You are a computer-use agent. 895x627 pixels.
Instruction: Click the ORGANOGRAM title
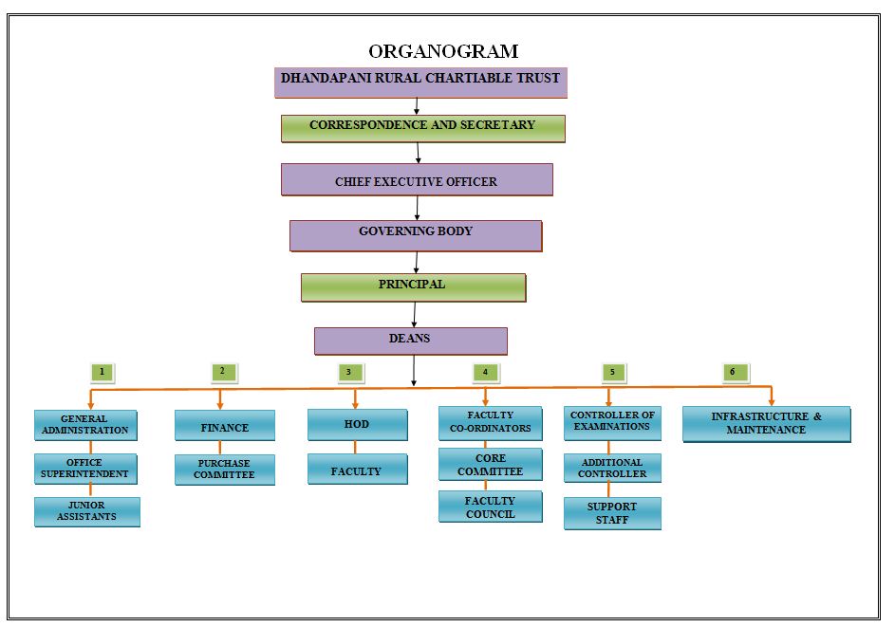coord(443,51)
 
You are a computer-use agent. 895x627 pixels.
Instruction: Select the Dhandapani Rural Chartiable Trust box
coord(420,83)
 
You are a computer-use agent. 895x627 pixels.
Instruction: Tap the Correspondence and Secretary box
coord(423,128)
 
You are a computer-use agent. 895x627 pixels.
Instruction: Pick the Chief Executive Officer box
coord(417,179)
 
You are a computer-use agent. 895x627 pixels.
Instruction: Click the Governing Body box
coord(416,235)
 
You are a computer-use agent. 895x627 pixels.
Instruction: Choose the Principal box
coord(413,287)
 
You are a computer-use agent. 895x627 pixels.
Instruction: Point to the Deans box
coord(410,341)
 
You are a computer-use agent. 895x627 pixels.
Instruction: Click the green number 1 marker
coord(103,372)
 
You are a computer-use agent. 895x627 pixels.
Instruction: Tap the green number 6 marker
coord(736,372)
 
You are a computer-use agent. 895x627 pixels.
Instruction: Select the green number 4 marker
coord(486,372)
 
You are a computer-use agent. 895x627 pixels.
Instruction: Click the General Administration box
coord(85,425)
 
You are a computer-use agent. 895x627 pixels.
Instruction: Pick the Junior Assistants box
coord(86,511)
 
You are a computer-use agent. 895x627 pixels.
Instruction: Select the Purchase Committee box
coord(224,470)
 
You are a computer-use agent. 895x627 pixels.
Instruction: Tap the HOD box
coord(357,424)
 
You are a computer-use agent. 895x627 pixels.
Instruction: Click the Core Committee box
coord(491,465)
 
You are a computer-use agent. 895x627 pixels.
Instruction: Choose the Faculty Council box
coord(491,507)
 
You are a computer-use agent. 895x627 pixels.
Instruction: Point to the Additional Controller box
coord(612,469)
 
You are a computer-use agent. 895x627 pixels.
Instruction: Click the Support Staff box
coord(612,513)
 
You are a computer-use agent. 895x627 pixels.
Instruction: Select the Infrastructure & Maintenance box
coord(767,424)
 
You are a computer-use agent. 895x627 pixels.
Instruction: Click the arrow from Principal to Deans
coord(415,314)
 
